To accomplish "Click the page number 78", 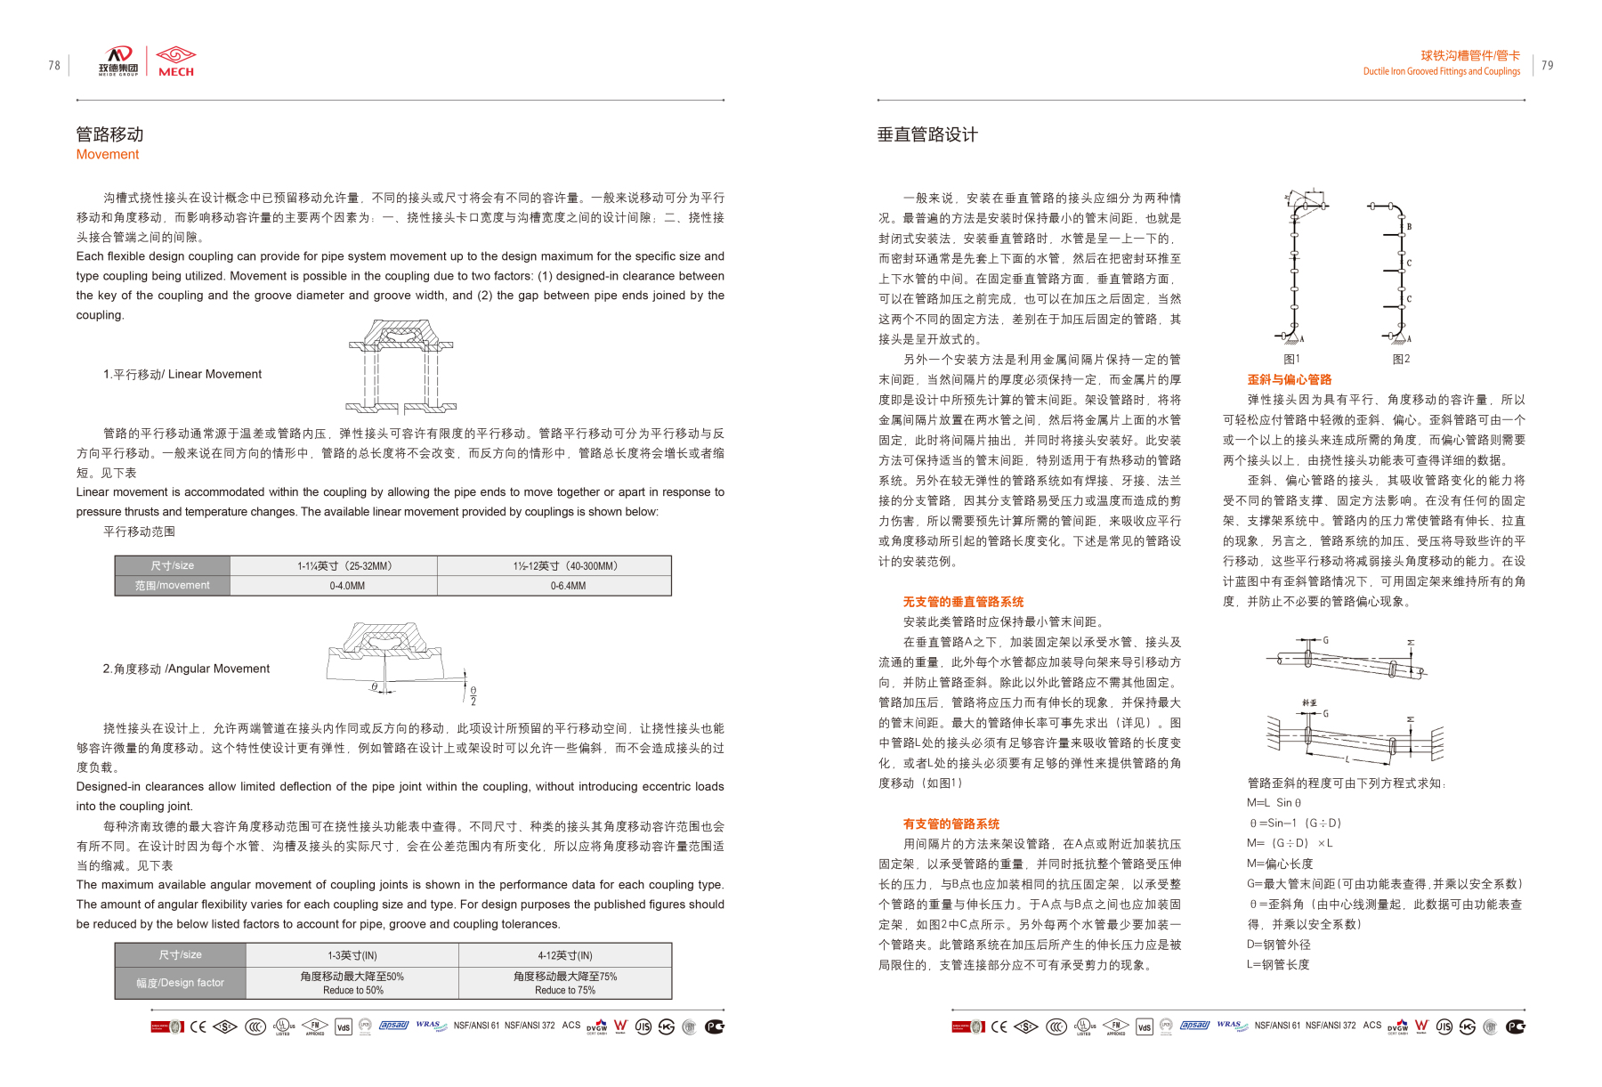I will click(x=54, y=65).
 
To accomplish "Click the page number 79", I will click(x=1547, y=65).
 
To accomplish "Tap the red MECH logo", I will click(x=175, y=61).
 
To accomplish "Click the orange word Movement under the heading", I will click(x=108, y=154).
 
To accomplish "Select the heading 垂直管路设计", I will click(x=927, y=134).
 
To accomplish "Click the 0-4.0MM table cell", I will click(x=347, y=586).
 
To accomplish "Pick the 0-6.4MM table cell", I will click(x=568, y=586).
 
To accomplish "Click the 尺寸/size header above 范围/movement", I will click(x=172, y=565).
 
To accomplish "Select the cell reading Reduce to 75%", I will click(x=565, y=990).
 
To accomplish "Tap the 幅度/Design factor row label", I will click(x=180, y=983).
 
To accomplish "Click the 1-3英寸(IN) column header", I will click(x=352, y=955).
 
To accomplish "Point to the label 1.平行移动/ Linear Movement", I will click(x=182, y=374).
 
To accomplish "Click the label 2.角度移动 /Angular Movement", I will click(x=186, y=669).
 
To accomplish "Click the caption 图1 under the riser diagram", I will click(x=1291, y=359).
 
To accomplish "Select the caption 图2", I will click(x=1401, y=359).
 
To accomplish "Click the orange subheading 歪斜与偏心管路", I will click(x=1289, y=379).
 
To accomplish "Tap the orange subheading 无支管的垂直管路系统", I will click(x=963, y=602).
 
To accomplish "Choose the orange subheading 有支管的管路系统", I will click(x=951, y=823).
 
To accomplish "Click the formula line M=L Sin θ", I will click(x=1274, y=802).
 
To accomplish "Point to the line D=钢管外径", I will click(x=1278, y=945).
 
